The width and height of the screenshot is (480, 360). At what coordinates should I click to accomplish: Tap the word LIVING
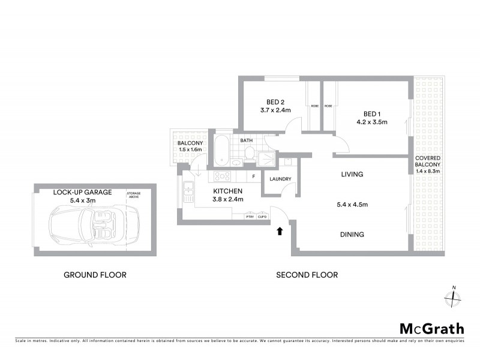(x=353, y=175)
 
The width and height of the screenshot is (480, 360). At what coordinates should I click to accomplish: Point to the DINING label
(x=352, y=235)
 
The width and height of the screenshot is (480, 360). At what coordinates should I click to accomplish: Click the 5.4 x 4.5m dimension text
(x=352, y=205)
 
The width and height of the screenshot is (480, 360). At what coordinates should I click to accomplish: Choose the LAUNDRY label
(x=280, y=179)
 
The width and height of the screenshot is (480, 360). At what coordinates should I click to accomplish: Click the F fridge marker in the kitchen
(x=254, y=176)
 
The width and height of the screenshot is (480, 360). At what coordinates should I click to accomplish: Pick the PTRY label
(x=250, y=217)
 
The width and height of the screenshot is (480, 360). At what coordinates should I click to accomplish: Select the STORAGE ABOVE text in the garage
(x=134, y=195)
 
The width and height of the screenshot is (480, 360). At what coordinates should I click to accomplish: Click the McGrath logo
(x=431, y=328)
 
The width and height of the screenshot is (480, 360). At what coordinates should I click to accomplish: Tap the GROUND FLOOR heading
(x=95, y=275)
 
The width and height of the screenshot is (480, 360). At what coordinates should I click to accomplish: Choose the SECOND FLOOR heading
(x=307, y=275)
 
